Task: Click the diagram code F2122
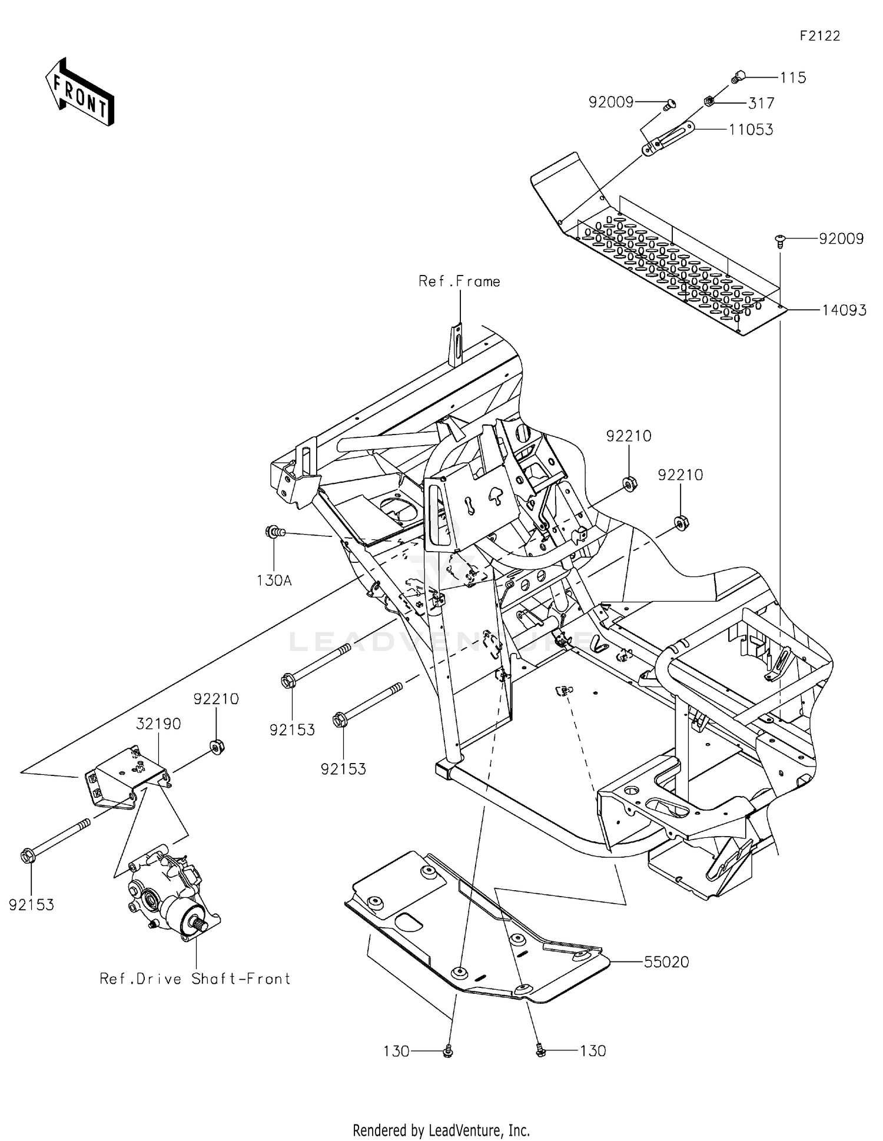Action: [819, 36]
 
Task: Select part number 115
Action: [792, 78]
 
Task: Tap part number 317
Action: [761, 104]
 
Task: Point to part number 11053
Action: [751, 130]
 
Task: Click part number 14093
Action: [844, 310]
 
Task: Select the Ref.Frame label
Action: [459, 281]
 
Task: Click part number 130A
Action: [274, 581]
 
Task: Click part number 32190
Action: [159, 724]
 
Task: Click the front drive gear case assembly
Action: [171, 895]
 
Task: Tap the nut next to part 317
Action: [709, 101]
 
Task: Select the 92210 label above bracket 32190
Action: [216, 699]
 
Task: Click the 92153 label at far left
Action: [31, 905]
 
